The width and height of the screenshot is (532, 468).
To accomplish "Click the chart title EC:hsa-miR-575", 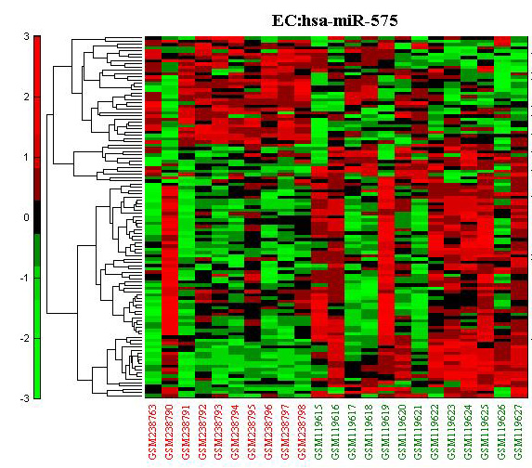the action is (x=334, y=20).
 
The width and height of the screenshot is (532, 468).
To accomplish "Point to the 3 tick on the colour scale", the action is (x=27, y=36).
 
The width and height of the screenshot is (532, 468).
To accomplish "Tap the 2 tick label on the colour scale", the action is (x=26, y=97).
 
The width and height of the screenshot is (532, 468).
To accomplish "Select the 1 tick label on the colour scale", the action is (x=27, y=158).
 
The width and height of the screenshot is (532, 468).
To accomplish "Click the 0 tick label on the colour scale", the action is (x=26, y=218).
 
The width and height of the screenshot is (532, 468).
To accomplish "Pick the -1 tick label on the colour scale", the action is (x=24, y=279).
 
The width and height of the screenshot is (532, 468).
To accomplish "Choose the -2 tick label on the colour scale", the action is (x=24, y=339).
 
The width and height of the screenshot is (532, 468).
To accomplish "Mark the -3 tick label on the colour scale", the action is (x=24, y=398).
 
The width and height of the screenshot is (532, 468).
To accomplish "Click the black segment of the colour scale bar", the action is (x=37, y=217).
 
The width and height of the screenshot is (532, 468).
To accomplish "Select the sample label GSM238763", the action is (x=153, y=432).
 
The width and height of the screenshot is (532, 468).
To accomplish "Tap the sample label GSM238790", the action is (x=170, y=432).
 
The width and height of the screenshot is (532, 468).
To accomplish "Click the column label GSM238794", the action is (x=236, y=432).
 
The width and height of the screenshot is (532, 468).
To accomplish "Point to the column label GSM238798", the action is (x=303, y=432).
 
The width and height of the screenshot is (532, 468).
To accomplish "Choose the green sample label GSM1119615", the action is (x=319, y=432).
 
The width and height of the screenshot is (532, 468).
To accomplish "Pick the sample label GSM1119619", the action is (x=385, y=432).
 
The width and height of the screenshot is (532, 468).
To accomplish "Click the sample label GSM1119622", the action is (x=435, y=432).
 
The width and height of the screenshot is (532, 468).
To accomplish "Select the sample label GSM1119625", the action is (x=486, y=432).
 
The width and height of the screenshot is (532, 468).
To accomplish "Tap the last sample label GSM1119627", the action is (x=519, y=432).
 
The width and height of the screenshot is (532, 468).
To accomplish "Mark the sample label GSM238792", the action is (x=203, y=432).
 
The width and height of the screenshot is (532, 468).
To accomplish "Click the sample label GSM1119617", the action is (x=353, y=432).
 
